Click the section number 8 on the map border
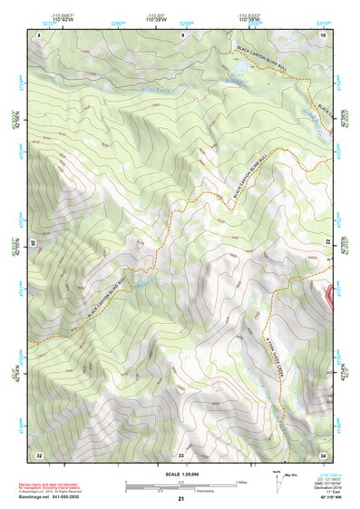39,34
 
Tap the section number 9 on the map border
181,34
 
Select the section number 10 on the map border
323,34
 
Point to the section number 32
39,453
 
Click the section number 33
181,453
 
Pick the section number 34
323,453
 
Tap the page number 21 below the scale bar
181,499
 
